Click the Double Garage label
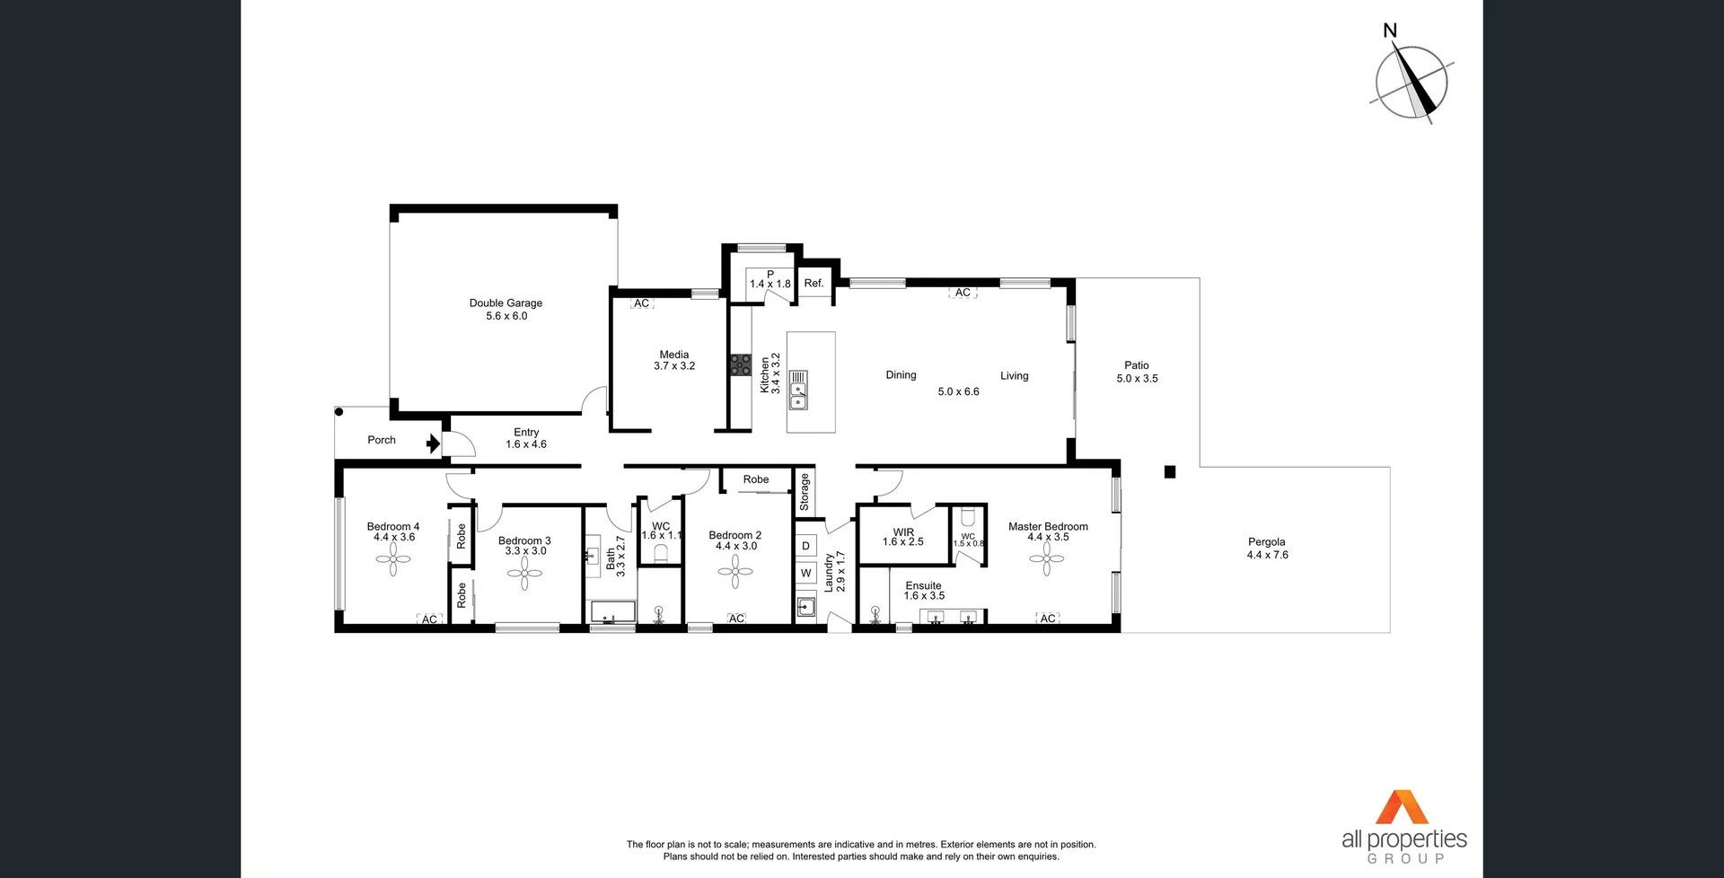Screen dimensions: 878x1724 (506, 303)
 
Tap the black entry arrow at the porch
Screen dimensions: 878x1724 (433, 443)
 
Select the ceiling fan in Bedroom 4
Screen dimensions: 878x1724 (393, 559)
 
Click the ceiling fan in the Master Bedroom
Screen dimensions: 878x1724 (1046, 558)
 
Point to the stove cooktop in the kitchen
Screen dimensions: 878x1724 (740, 364)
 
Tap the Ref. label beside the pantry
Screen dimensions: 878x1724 (814, 284)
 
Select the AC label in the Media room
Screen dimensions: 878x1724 (641, 303)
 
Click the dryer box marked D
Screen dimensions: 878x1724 (805, 546)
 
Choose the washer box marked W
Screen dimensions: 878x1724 (805, 573)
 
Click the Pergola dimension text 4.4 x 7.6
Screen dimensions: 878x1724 (1267, 555)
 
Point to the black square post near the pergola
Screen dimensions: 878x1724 (1169, 472)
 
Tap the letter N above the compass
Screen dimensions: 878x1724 (1390, 31)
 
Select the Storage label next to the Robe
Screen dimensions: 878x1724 (805, 492)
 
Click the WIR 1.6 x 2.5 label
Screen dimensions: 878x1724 (903, 537)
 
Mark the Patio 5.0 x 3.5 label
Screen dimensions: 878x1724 (1137, 372)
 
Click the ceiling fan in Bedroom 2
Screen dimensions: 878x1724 (735, 571)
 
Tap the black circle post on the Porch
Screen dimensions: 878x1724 (339, 412)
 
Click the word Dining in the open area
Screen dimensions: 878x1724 (901, 375)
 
